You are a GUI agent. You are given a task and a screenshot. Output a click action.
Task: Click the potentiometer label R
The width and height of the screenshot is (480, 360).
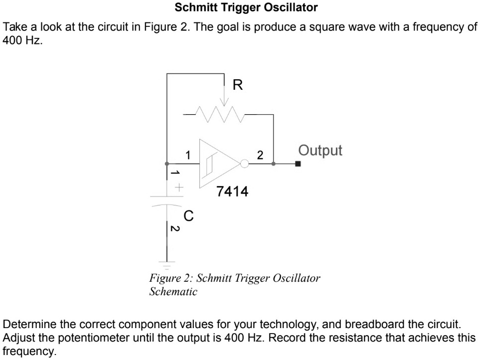pos(238,85)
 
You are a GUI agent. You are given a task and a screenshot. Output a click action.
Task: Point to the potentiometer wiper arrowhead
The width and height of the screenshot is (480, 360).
pos(225,103)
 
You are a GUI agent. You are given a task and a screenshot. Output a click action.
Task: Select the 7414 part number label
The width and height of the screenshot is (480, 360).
pos(231,191)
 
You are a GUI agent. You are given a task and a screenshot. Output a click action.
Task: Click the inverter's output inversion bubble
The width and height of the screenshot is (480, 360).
pos(244,164)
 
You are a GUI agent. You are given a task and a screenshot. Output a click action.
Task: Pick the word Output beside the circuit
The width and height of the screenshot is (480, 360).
pos(320,151)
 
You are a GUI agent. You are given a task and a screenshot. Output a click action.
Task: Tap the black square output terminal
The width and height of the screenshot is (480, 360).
pos(298,164)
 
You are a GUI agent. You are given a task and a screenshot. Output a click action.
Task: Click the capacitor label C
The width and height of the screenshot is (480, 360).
pos(188,216)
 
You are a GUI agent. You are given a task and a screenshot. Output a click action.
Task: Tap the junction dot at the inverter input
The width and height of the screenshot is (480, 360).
pos(167,164)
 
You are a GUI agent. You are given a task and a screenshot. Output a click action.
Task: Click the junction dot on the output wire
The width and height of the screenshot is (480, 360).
pos(273,164)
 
